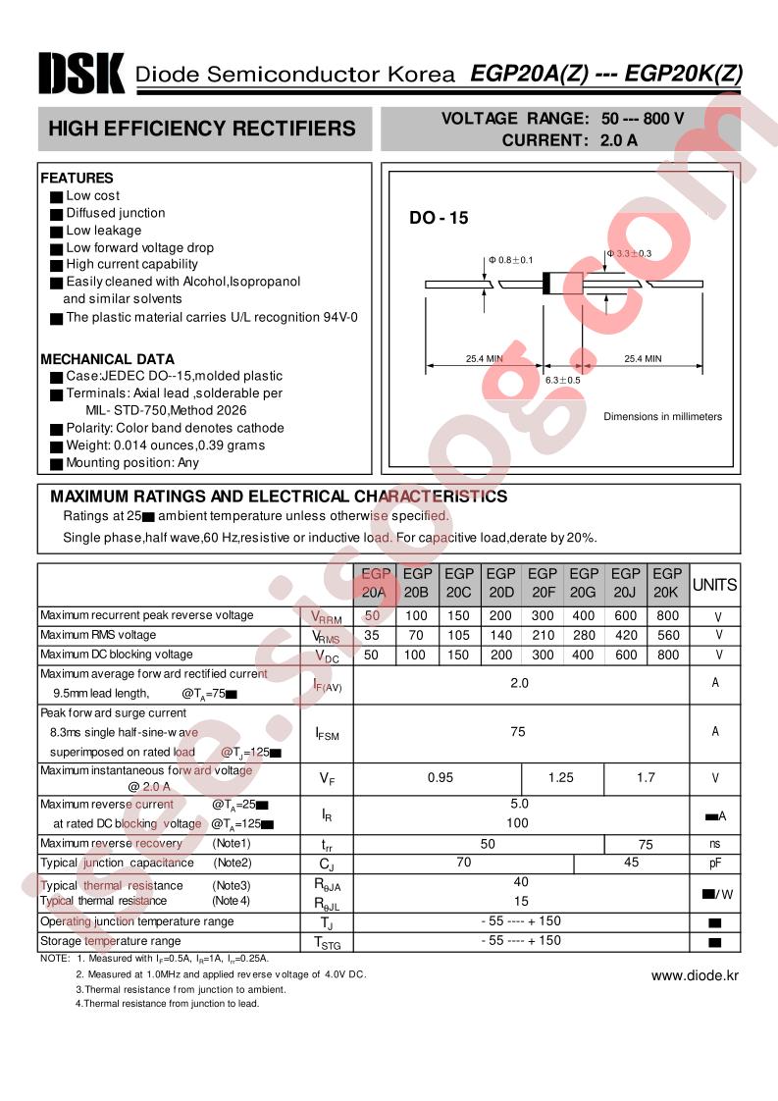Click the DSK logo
(x=81, y=73)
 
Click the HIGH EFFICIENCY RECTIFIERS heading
(x=202, y=129)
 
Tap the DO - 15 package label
(x=439, y=219)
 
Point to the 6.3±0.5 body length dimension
(x=562, y=380)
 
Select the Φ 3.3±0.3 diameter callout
(x=629, y=253)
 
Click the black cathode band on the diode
(x=546, y=284)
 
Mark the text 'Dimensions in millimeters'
(x=662, y=416)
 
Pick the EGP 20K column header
(x=667, y=583)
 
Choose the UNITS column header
(x=715, y=585)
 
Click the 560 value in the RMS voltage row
(x=667, y=635)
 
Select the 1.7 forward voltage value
(x=646, y=777)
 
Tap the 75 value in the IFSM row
(x=518, y=731)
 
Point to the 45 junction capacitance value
(x=631, y=863)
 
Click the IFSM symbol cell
(x=327, y=732)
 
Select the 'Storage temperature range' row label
(x=110, y=941)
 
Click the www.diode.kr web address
(x=695, y=975)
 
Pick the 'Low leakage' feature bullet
(x=103, y=231)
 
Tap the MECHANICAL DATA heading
(x=107, y=359)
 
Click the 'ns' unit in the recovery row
(x=715, y=843)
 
